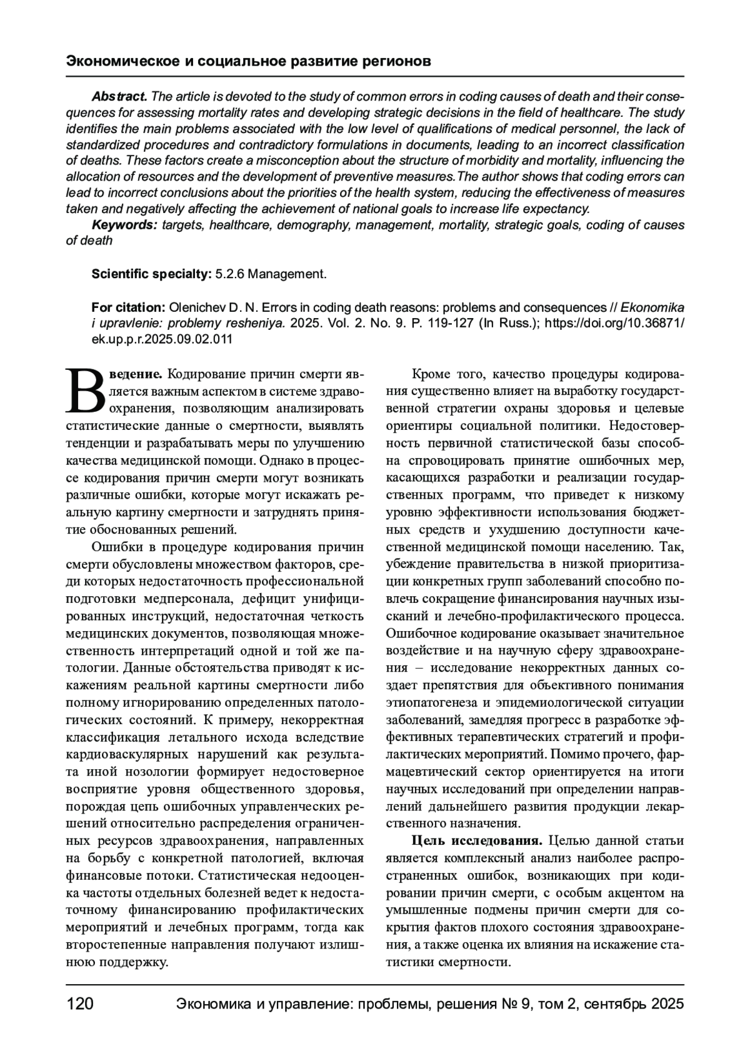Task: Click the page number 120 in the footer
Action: [80, 1004]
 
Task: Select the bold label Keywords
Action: [124, 225]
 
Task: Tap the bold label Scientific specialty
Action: [152, 274]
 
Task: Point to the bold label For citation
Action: [128, 307]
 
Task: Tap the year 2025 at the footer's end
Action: [668, 1004]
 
